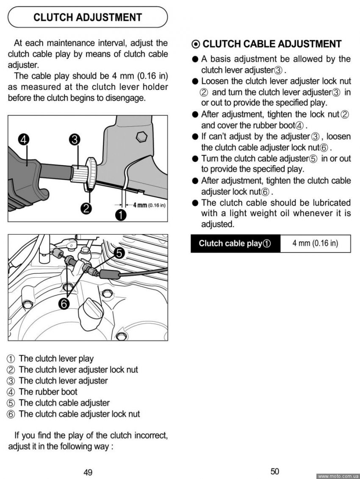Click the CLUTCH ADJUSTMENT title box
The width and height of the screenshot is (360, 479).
pos(88,17)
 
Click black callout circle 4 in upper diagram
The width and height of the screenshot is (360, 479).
pos(24,139)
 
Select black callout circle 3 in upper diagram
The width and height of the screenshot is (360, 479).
pos(75,139)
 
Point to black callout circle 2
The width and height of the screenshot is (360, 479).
pos(87,208)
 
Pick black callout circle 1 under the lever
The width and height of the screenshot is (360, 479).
pos(121,215)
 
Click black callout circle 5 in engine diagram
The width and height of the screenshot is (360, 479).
pos(119,253)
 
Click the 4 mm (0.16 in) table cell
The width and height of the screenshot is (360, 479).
pos(315,243)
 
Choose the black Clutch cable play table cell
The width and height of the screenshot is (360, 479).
pos(235,244)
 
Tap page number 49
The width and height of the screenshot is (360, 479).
pos(88,473)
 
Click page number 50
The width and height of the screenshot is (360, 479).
pos(274,471)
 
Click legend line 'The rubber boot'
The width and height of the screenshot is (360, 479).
pos(48,392)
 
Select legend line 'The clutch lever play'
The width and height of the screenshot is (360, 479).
pos(56,359)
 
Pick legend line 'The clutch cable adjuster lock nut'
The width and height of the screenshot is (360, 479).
pos(79,414)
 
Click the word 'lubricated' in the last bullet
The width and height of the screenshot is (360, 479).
pos(331,203)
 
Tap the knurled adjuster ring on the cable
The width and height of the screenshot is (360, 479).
pos(91,170)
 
